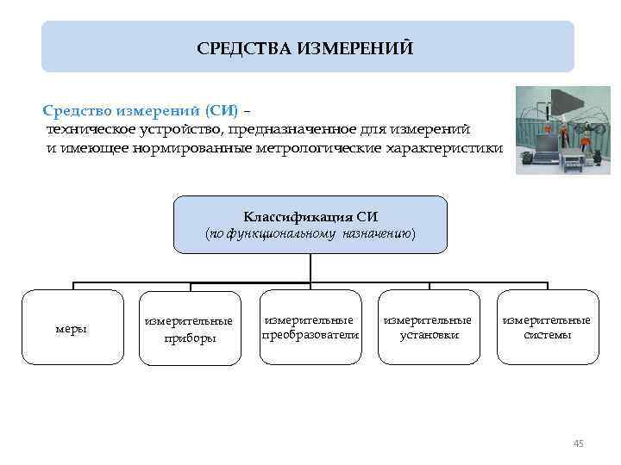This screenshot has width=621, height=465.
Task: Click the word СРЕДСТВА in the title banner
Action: click(244, 46)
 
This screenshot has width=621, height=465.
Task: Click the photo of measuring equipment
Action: click(562, 130)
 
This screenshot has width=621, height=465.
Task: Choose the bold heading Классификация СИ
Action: click(310, 216)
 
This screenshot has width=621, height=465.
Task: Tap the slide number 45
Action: click(578, 443)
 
